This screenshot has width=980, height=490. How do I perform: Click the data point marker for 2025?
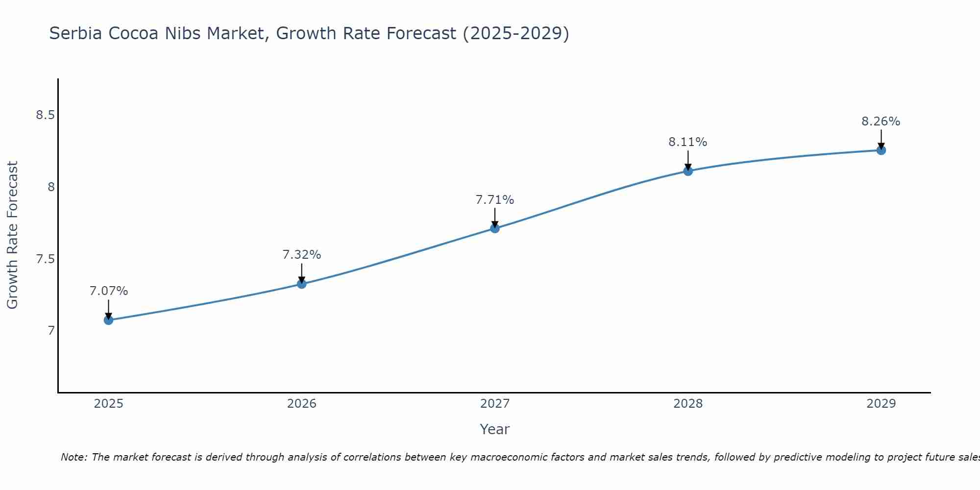(108, 320)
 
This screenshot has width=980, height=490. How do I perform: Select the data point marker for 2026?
(301, 284)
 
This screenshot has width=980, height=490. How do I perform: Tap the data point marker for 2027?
(494, 228)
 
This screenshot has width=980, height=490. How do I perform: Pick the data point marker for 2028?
(687, 171)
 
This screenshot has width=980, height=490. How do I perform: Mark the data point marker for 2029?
(881, 150)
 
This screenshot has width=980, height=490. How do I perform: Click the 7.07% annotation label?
(108, 291)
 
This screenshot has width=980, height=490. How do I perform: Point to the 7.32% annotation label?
(301, 255)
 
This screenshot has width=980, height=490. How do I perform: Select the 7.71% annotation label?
(494, 200)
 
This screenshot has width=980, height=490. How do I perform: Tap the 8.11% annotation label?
(687, 142)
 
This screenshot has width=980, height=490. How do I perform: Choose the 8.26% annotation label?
(881, 122)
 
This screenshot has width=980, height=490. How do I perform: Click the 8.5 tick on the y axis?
(45, 115)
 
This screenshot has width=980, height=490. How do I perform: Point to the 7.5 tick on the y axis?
(45, 259)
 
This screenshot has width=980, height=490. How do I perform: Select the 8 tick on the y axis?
(50, 187)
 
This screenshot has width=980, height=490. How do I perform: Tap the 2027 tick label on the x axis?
(494, 404)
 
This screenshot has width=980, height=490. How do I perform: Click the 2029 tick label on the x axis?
(881, 404)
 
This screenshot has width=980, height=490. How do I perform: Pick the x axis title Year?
(494, 429)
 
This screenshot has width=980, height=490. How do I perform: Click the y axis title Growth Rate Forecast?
(12, 235)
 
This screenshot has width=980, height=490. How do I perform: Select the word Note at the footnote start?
(73, 457)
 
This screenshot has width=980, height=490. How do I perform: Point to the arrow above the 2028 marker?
(687, 160)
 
